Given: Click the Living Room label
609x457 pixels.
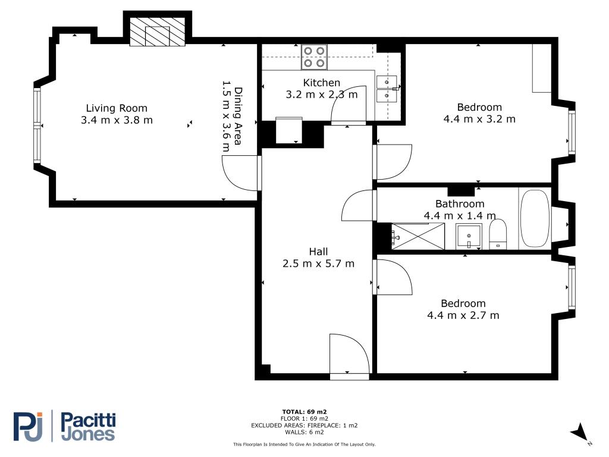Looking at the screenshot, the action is (117, 108).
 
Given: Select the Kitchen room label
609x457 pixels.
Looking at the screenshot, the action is (322, 83).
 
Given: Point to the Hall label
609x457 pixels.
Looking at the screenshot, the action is (319, 252).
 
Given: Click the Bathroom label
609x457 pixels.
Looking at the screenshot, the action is (460, 204).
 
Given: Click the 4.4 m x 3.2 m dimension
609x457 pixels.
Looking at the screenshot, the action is (479, 119).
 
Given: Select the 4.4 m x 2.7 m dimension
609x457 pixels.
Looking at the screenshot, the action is (463, 315).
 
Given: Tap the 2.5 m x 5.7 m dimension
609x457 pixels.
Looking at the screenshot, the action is (319, 264).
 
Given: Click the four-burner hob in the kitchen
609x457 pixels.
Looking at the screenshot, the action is (314, 57).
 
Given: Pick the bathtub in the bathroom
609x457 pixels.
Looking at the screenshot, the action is (535, 218).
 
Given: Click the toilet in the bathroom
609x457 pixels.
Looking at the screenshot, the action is (498, 234).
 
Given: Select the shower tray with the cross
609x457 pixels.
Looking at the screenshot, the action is (418, 236).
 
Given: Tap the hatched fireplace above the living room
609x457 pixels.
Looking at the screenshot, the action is (157, 32).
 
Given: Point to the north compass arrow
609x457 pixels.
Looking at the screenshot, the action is (580, 432).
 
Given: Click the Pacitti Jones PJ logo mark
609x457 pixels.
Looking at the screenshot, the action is (28, 427).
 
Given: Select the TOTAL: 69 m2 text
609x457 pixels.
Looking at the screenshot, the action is (304, 412).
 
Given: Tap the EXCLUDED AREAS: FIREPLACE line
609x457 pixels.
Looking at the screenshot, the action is (304, 425).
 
